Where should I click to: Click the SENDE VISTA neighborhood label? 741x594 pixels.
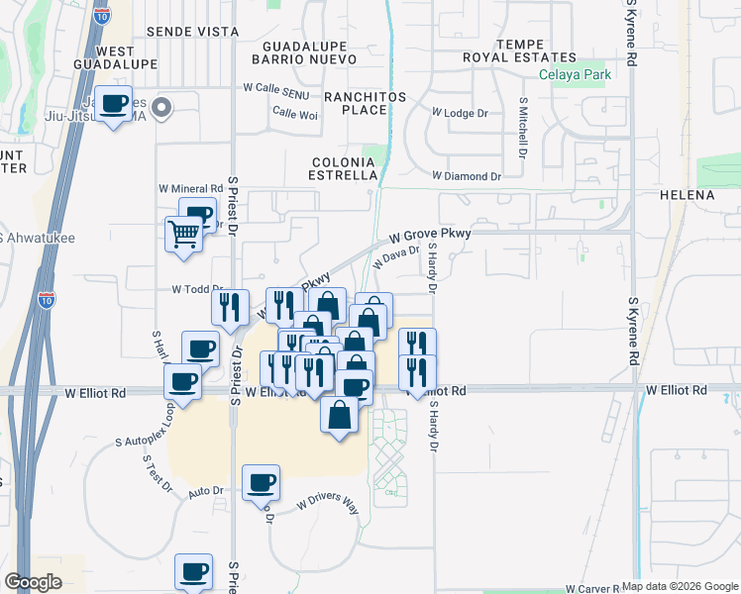[x=192, y=32]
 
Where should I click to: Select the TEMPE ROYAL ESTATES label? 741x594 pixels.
[x=520, y=51]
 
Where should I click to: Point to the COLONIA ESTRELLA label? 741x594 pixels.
[x=346, y=167]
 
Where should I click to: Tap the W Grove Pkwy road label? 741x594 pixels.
[x=429, y=236]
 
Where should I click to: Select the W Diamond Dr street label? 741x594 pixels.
[x=467, y=176]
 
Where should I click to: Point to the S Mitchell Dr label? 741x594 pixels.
[x=522, y=130]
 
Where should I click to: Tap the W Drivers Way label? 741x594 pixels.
[x=328, y=504]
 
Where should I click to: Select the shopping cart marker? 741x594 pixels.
[x=183, y=236]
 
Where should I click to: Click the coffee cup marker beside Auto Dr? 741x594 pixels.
[x=261, y=482]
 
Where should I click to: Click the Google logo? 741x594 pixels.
[x=34, y=582]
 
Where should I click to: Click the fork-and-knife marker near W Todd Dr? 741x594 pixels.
[x=230, y=308]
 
